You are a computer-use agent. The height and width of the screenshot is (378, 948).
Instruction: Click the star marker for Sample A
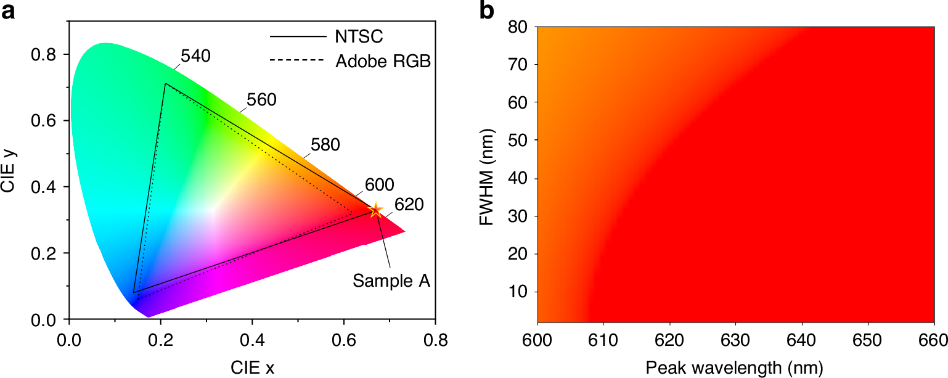tap(375, 210)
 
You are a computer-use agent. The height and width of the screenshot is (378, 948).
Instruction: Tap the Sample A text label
tap(391, 281)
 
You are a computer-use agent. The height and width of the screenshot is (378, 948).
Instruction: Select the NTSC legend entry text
tap(359, 36)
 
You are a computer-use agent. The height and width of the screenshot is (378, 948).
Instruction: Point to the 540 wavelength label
tap(196, 55)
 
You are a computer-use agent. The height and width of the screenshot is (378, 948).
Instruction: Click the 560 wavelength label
tap(261, 100)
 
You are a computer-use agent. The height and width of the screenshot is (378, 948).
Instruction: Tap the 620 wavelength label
tap(408, 205)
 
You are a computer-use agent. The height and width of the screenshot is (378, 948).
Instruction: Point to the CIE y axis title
tap(10, 170)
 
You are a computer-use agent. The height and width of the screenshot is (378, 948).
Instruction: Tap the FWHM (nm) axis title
tap(488, 175)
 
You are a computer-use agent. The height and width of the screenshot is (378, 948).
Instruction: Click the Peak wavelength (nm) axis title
tap(733, 368)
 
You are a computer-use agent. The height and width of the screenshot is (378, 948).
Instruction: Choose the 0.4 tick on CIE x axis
tap(252, 339)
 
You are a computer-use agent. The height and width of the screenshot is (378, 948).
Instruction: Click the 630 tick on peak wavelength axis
tap(736, 340)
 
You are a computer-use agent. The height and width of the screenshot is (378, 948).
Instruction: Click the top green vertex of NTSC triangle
tap(165, 84)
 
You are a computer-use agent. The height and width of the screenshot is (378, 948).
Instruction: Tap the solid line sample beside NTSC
tap(297, 36)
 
